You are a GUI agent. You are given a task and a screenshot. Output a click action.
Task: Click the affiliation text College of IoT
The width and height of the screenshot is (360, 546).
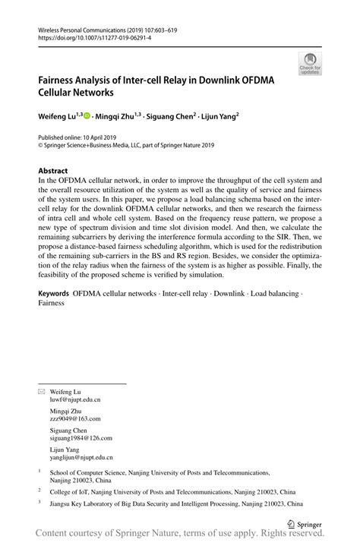point(73,492)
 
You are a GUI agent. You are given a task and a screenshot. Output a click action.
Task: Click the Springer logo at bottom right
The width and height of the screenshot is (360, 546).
point(308,523)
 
